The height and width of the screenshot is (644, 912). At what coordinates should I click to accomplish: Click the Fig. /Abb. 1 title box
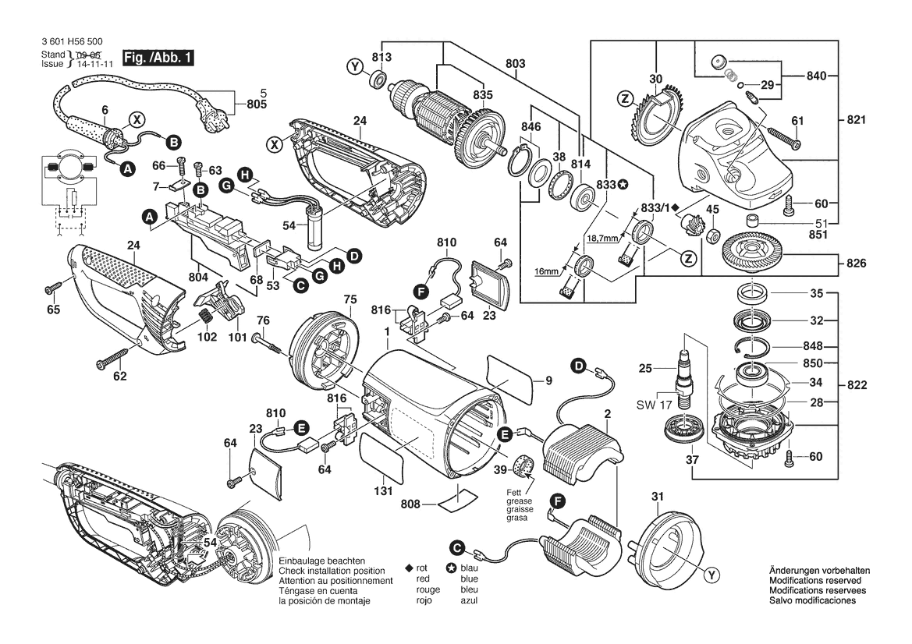click(x=159, y=58)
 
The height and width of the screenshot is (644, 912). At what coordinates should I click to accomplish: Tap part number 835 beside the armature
click(x=483, y=95)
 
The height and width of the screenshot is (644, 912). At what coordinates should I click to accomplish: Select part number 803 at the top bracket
click(x=515, y=63)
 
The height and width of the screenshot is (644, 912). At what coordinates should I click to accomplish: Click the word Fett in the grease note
click(x=513, y=492)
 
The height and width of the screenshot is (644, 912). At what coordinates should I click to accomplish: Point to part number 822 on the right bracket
click(x=856, y=384)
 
